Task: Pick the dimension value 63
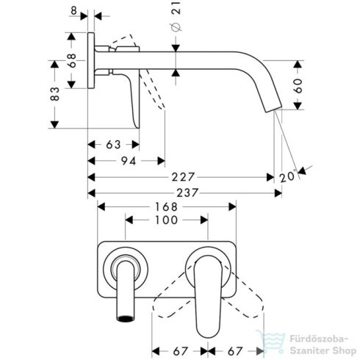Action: [x=112, y=144]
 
